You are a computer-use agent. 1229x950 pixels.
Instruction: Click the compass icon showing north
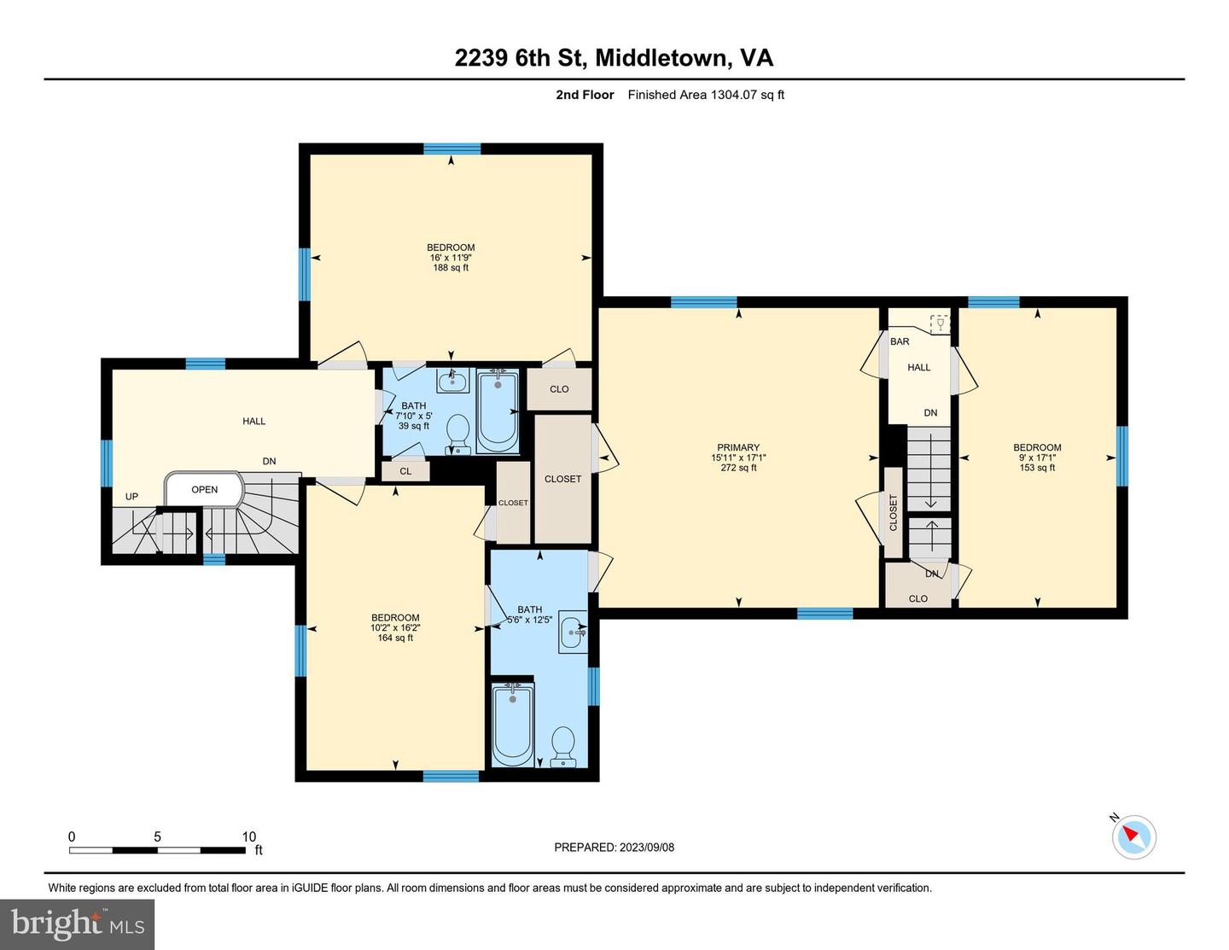[x=1133, y=836]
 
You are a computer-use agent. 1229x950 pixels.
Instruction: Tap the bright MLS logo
[x=78, y=924]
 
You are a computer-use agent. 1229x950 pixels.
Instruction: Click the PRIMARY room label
[x=738, y=447]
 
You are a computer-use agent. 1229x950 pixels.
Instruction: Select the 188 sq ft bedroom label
[x=451, y=257]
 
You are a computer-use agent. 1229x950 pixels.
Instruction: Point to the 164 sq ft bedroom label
[x=395, y=627]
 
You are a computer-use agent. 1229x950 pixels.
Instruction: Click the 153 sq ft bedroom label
[x=1037, y=457]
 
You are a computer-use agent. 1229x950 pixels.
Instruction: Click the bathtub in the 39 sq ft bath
[x=498, y=410]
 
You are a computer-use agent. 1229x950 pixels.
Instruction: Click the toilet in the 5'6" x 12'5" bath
[x=563, y=745]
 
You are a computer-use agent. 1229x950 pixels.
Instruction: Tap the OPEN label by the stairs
[x=205, y=490]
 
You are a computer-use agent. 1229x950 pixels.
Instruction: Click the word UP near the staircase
[x=131, y=497]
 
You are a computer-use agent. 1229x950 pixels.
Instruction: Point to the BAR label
[x=900, y=341]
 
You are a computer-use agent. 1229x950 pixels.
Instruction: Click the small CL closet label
[x=405, y=471]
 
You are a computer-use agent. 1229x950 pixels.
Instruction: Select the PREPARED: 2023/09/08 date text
[x=614, y=848]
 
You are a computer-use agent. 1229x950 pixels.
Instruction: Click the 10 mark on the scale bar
[x=248, y=836]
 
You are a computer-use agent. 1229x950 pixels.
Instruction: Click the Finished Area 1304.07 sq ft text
[x=706, y=95]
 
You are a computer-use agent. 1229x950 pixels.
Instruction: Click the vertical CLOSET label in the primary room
[x=894, y=513]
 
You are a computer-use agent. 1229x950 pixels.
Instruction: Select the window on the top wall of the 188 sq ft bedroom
[x=451, y=149]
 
